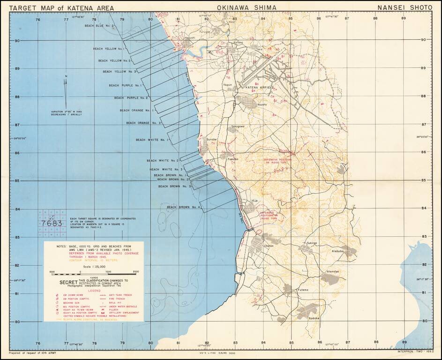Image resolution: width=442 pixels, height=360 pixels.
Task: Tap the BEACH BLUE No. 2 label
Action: pyautogui.click(x=99, y=26)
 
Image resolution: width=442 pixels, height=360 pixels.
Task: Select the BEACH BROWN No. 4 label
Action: pyautogui.click(x=183, y=207)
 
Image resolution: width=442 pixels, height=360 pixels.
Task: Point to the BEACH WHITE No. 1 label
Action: pyautogui.click(x=152, y=140)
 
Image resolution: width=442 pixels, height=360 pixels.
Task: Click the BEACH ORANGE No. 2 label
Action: pyautogui.click(x=143, y=123)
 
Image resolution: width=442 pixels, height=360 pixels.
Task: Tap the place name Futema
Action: pyautogui.click(x=303, y=290)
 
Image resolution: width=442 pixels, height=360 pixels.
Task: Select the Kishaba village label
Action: pyautogui.click(x=338, y=251)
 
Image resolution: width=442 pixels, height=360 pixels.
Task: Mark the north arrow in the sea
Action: pyautogui.click(x=66, y=89)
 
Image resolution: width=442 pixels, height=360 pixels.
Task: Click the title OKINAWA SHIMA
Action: pyautogui.click(x=247, y=8)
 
